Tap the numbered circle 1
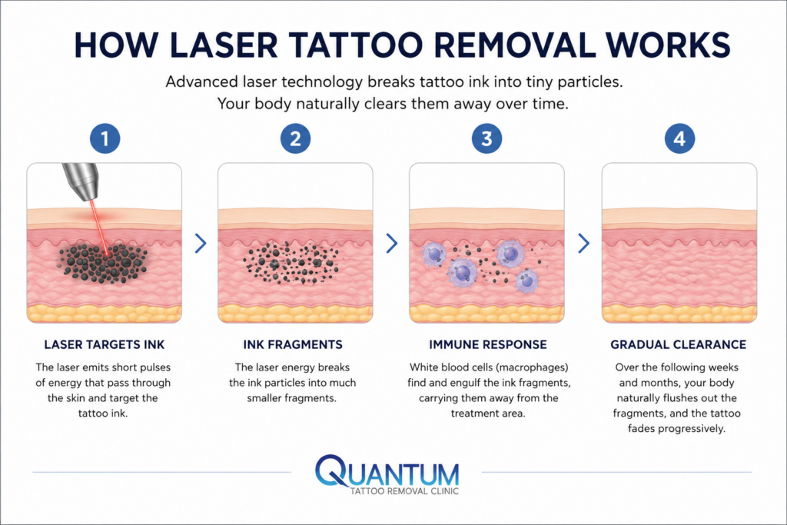pyautogui.click(x=105, y=138)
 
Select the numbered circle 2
pyautogui.click(x=295, y=138)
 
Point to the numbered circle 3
pyautogui.click(x=486, y=138)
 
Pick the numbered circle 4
pyautogui.click(x=679, y=138)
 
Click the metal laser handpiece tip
pyautogui.click(x=80, y=181)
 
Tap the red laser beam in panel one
pyautogui.click(x=99, y=227)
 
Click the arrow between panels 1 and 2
pyautogui.click(x=201, y=244)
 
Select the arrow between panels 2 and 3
pyautogui.click(x=391, y=244)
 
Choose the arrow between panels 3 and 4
pyautogui.click(x=583, y=244)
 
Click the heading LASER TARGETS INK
pyautogui.click(x=105, y=345)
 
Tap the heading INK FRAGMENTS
pyautogui.click(x=293, y=345)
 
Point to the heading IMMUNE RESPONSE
pyautogui.click(x=488, y=345)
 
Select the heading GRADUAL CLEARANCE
pyautogui.click(x=678, y=345)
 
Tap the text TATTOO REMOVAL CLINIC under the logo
pyautogui.click(x=404, y=491)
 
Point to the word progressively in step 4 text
pyautogui.click(x=692, y=429)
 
